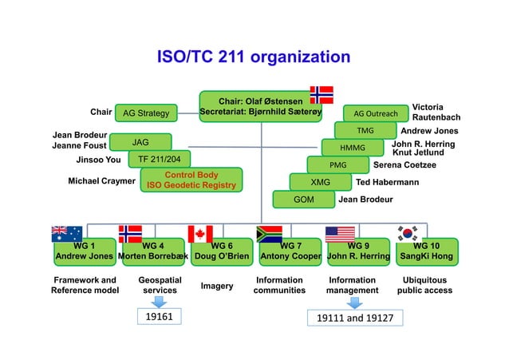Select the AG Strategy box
click(x=146, y=113)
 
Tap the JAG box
click(x=140, y=142)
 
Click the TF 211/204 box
click(x=160, y=158)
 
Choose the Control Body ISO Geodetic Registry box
click(x=191, y=180)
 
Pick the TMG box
click(x=365, y=130)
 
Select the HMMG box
click(x=352, y=148)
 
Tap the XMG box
click(x=320, y=182)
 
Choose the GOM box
click(x=303, y=199)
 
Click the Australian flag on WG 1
click(x=67, y=233)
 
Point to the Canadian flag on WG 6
click(x=200, y=233)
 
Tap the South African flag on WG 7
click(x=270, y=233)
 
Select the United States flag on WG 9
click(x=340, y=233)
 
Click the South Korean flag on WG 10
click(x=410, y=233)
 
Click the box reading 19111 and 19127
click(x=356, y=318)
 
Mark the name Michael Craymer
click(x=101, y=181)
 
